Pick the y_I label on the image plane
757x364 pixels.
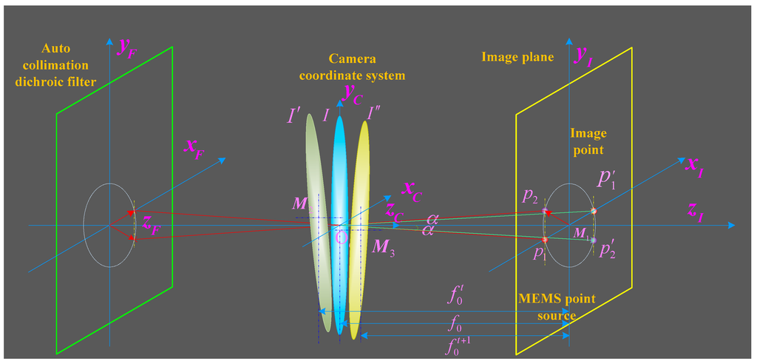click(x=585, y=55)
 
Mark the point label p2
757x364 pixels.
click(x=529, y=196)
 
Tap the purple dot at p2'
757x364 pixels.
click(x=593, y=240)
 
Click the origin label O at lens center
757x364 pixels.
click(x=340, y=238)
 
